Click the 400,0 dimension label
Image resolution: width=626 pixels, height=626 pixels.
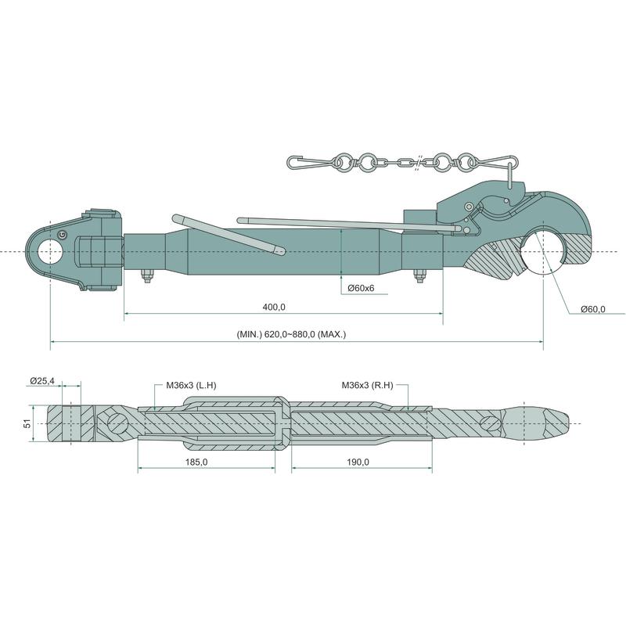[x=274, y=307]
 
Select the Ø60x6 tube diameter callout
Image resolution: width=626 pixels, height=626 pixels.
[x=361, y=288]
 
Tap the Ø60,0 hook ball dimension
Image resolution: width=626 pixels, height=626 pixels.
[x=593, y=308]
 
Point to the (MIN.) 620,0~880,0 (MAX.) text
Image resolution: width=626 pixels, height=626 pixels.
[x=291, y=334]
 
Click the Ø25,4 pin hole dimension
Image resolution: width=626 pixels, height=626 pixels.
[x=42, y=381]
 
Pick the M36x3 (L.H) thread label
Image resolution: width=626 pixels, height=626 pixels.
[x=191, y=385]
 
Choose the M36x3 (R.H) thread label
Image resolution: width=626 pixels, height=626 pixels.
[x=367, y=385]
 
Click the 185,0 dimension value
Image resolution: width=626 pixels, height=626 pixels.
[x=196, y=462]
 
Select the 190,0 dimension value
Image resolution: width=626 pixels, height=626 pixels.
[x=358, y=462]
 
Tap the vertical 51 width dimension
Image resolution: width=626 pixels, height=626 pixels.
[x=27, y=423]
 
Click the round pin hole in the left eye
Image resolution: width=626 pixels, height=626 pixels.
[x=50, y=251]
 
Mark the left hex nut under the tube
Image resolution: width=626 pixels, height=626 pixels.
[x=146, y=276]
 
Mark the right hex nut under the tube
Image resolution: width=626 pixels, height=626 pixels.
[x=419, y=276]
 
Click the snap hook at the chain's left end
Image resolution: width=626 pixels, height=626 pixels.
[x=309, y=163]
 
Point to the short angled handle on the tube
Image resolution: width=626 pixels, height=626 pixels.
[x=228, y=235]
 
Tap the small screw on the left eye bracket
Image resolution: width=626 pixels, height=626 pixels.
[x=62, y=235]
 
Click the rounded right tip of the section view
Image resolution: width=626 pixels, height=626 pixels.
[x=566, y=423]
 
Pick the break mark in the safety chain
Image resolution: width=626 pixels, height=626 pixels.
[x=418, y=163]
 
